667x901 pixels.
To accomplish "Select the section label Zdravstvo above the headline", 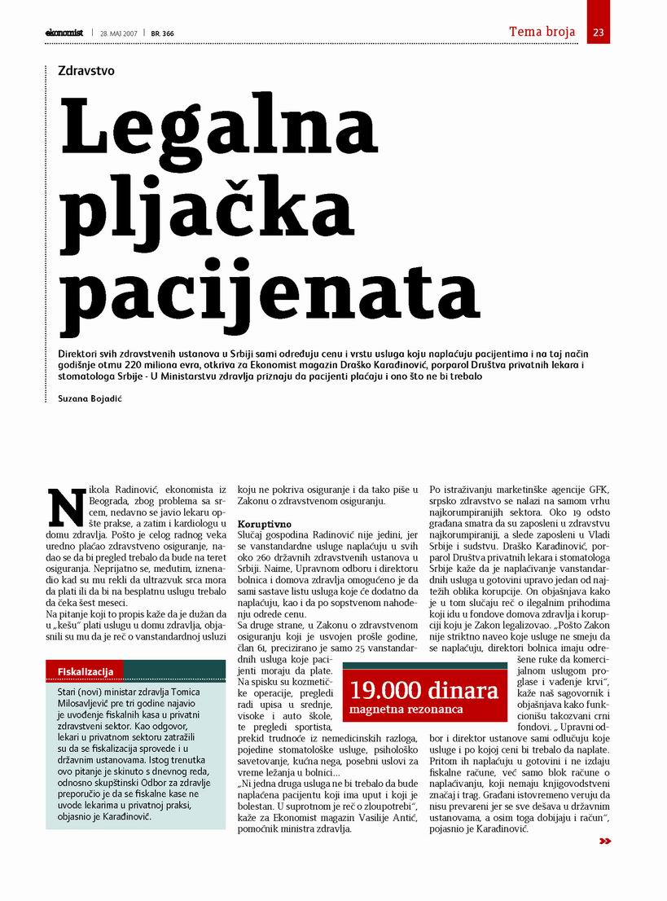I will pos(86,71).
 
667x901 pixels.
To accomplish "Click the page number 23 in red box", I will pos(599,33).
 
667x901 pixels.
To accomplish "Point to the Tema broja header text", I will pos(542,33).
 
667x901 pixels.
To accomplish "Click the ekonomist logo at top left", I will pos(64,33).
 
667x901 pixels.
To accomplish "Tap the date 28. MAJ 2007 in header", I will pos(118,33).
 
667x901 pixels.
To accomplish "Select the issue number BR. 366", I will pos(162,33).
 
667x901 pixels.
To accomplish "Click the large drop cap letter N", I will pos(66,504).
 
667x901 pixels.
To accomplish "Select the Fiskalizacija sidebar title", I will pos(84,670).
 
